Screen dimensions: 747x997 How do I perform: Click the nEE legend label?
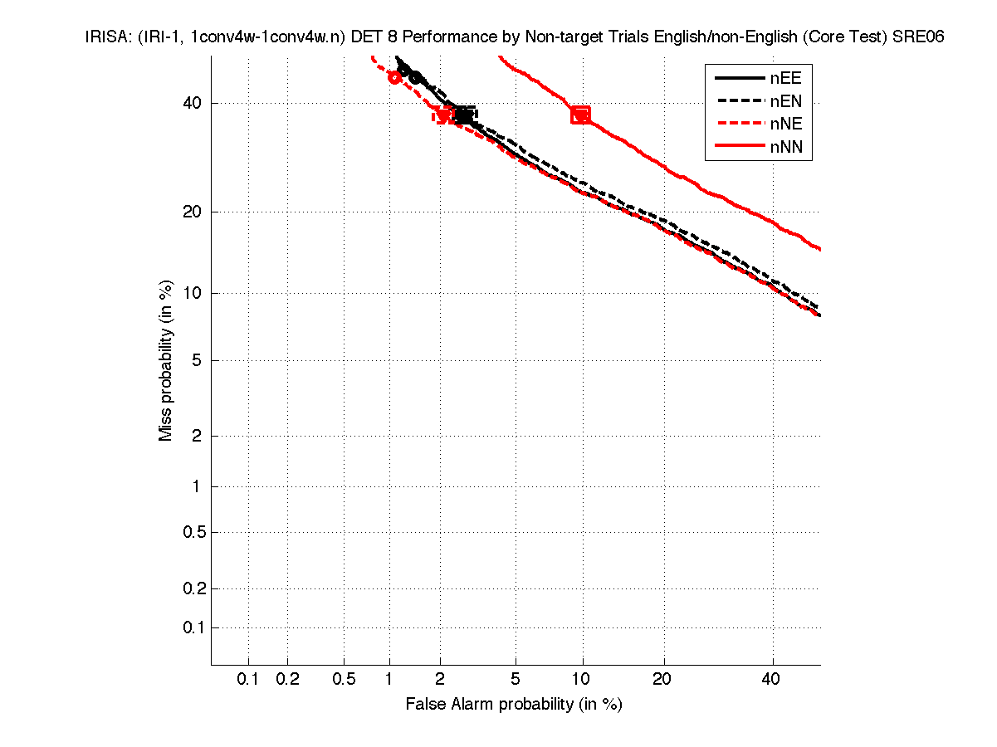point(785,78)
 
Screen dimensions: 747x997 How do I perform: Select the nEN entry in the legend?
point(785,101)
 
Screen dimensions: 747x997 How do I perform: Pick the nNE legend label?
point(785,124)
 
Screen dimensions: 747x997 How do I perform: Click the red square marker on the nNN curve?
point(580,115)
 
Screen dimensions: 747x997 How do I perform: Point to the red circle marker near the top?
point(395,77)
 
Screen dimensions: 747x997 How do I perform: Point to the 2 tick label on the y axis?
point(196,436)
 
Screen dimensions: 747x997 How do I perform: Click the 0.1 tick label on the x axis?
point(248,680)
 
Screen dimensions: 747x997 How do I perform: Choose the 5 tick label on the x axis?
point(516,680)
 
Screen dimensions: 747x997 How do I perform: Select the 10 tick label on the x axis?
point(582,680)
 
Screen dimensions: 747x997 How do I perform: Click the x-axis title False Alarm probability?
point(514,705)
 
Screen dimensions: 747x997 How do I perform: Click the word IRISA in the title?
point(105,37)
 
